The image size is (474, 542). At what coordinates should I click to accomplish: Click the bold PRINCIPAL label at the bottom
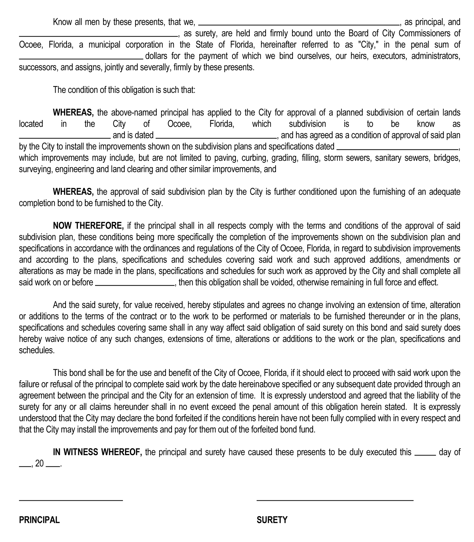pos(39,520)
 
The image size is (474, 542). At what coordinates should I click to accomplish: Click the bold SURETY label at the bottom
pos(272,520)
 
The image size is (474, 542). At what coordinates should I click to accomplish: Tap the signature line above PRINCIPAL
pos(71,500)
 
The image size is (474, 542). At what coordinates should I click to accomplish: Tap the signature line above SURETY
pos(335,500)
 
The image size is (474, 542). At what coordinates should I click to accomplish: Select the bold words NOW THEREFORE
pos(88,226)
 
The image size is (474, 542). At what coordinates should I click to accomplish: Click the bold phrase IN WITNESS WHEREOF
pos(97,452)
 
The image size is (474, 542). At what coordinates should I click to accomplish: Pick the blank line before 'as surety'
pos(98,36)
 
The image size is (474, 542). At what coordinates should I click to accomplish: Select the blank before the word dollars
pos(81,58)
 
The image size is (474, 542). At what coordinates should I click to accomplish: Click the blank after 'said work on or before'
pos(135,285)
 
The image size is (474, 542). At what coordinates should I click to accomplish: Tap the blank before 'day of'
pos(425,455)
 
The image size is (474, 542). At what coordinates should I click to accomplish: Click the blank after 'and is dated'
pos(216,137)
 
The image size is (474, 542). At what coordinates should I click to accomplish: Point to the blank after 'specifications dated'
pos(397,149)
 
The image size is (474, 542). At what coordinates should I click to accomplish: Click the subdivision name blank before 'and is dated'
pos(65,137)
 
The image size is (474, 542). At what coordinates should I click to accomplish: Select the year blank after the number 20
pos(53,466)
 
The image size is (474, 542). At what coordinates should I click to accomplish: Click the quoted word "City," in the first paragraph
pos(368,45)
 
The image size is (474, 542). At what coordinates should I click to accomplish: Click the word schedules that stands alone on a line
pos(37,350)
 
